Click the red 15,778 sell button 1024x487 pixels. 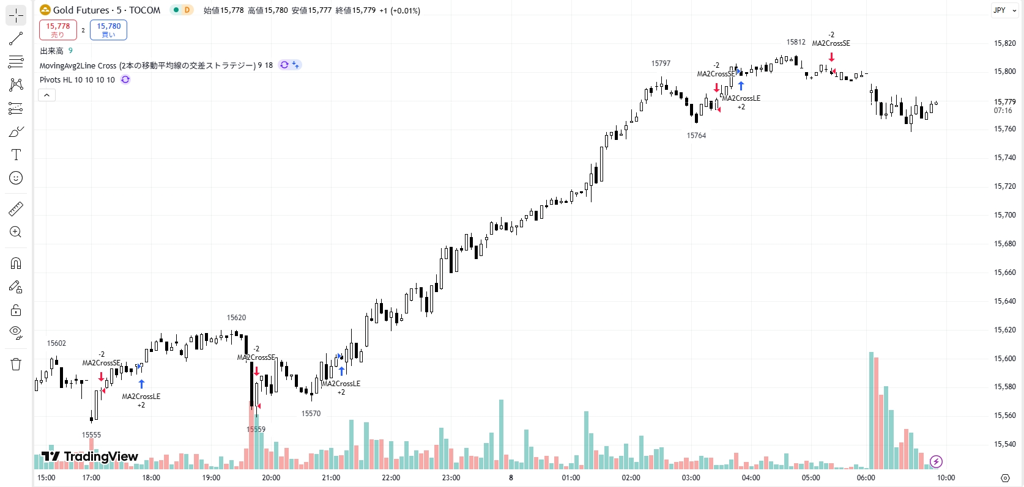point(58,29)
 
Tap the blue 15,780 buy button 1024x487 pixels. point(108,29)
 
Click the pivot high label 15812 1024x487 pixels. point(796,42)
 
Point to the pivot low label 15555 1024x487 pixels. point(91,435)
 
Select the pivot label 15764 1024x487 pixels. point(696,136)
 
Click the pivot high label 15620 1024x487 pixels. point(236,318)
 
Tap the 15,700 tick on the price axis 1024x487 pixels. point(1004,215)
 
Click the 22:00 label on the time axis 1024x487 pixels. point(391,478)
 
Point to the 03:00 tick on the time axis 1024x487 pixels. point(691,478)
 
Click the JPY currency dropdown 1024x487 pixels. point(1004,10)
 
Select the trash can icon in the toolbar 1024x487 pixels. point(16,364)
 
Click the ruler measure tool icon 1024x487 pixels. point(16,210)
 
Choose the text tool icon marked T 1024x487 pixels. point(16,155)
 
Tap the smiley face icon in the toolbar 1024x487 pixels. point(16,178)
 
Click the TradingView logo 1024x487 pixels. point(90,456)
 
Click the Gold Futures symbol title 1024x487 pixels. point(100,10)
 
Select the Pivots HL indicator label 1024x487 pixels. point(77,80)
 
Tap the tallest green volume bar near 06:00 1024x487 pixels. point(871,409)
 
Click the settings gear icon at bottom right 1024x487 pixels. point(1005,478)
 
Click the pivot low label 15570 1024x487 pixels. point(311,414)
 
